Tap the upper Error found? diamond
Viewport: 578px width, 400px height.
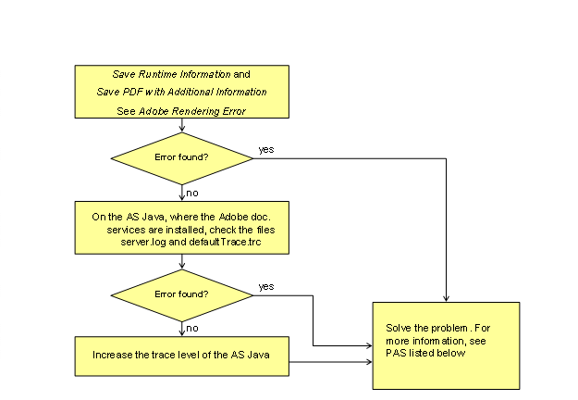pyautogui.click(x=182, y=156)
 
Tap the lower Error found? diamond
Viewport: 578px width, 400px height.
pyautogui.click(x=182, y=294)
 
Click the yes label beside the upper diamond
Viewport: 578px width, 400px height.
pyautogui.click(x=266, y=148)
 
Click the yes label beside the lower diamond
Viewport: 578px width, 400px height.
pyautogui.click(x=266, y=285)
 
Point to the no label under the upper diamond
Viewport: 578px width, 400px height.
pyautogui.click(x=192, y=193)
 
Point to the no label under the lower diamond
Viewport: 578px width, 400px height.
pyautogui.click(x=192, y=327)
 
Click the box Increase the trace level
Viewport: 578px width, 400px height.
pyautogui.click(x=182, y=355)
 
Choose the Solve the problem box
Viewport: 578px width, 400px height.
pyautogui.click(x=447, y=344)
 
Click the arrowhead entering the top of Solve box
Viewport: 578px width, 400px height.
pyautogui.click(x=447, y=298)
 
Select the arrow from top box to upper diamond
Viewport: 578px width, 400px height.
pyautogui.click(x=182, y=125)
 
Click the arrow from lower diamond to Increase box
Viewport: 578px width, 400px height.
pyautogui.click(x=182, y=328)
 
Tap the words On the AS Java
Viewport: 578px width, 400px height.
pyautogui.click(x=124, y=216)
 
